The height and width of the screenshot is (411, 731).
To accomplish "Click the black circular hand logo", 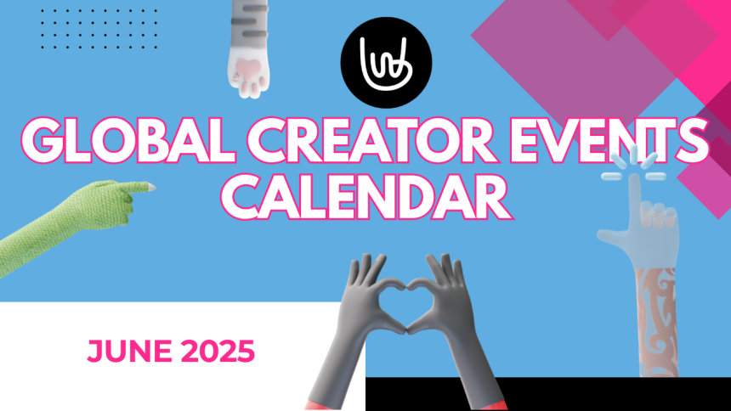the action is [386, 63].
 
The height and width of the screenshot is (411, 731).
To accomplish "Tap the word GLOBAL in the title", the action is [127, 141].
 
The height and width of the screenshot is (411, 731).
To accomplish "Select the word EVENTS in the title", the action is [609, 141].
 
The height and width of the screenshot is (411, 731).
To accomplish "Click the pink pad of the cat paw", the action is [247, 70].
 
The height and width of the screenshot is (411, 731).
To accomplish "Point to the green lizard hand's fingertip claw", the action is [150, 188].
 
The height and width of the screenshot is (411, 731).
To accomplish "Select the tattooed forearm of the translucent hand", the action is [658, 322].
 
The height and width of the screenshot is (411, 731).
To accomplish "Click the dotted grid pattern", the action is [99, 28].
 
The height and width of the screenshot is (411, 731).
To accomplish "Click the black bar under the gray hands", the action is [547, 394].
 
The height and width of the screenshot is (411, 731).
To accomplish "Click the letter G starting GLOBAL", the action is [42, 141].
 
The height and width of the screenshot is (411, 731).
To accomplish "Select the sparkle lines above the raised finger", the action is [633, 166].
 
